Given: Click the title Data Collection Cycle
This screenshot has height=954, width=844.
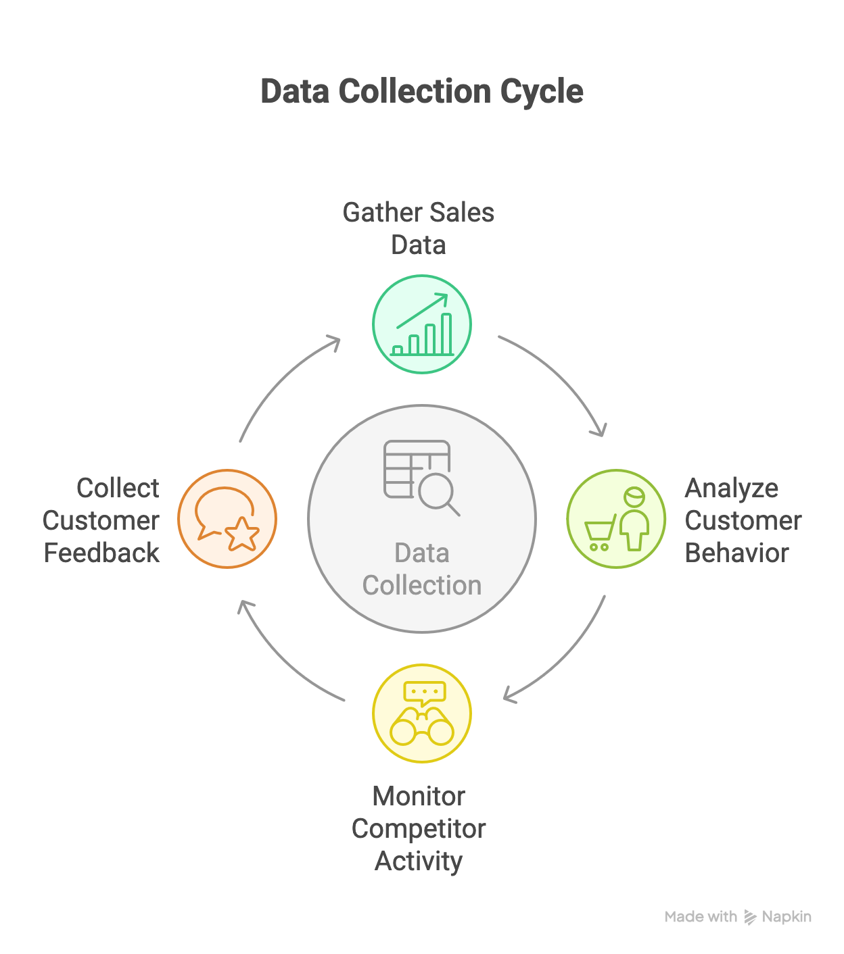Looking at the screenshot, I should [422, 92].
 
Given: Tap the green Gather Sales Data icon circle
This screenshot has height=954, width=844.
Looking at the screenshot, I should [422, 324].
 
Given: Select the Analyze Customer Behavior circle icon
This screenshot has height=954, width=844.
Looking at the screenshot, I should [616, 519].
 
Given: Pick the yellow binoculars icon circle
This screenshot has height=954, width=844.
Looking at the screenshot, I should [422, 713].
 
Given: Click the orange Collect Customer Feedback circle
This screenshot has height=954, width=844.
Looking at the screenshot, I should [227, 519].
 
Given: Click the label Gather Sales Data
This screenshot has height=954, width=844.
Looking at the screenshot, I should [419, 228].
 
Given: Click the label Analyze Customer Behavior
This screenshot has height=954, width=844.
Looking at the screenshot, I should [743, 520].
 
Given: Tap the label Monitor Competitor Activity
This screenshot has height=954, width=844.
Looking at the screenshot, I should [419, 828].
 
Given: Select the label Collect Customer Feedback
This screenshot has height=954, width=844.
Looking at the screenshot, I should [101, 520].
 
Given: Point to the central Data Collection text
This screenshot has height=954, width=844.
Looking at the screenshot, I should [422, 569].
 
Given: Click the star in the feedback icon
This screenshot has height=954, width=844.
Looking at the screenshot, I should [242, 534].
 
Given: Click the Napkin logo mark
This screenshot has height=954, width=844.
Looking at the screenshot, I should [750, 917].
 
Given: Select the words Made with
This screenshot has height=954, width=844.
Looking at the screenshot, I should [701, 917].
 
